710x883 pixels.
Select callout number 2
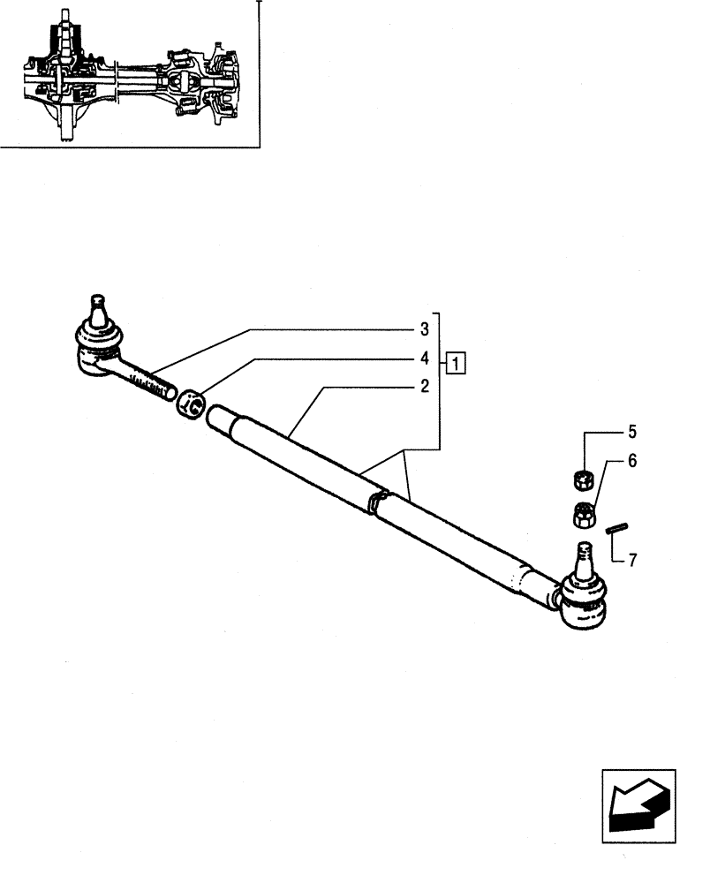tap(425, 386)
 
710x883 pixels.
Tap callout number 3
tap(425, 329)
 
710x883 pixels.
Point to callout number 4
tap(425, 358)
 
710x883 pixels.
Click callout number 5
tap(631, 433)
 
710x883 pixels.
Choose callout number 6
tap(631, 461)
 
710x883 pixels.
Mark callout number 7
tap(631, 560)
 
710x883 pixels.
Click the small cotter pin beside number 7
tap(616, 528)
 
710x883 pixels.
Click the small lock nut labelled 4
tap(192, 405)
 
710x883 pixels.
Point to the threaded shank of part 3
tap(150, 381)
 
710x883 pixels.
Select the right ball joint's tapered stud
tap(584, 557)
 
